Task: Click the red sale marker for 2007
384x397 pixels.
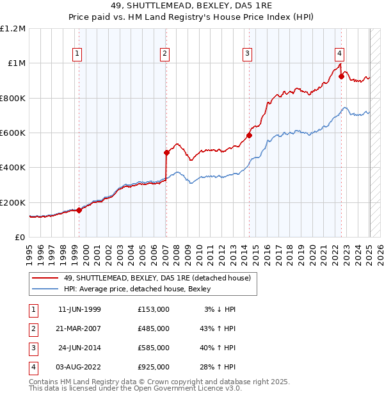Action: [166, 153]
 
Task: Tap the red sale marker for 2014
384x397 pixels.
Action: [249, 136]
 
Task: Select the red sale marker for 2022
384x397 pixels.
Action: [341, 77]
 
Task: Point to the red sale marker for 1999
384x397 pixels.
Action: [79, 210]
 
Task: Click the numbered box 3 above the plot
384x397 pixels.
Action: [247, 54]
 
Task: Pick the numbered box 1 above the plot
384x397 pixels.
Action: [77, 54]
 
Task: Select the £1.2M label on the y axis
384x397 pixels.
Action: [13, 29]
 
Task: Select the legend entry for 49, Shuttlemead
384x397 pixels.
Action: [160, 278]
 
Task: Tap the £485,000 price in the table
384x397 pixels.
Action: [154, 328]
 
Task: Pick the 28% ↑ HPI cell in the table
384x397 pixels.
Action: [217, 367]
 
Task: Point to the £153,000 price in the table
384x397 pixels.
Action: [154, 309]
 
